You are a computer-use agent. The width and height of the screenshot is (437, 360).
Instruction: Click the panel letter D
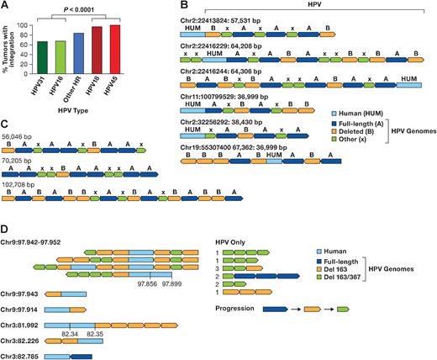tap(7, 228)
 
